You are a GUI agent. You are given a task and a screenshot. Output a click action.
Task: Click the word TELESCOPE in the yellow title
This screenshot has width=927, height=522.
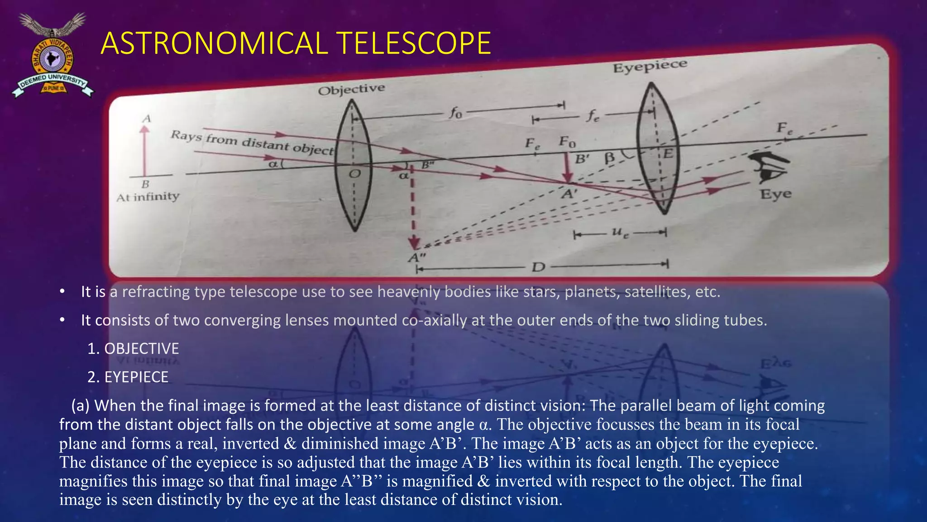pos(414,43)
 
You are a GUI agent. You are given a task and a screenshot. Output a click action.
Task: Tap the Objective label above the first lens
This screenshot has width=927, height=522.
pos(351,90)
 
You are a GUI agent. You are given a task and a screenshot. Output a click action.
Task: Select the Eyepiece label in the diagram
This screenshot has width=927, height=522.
pos(650,67)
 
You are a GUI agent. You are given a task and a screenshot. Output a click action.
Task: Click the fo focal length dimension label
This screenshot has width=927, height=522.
pos(455,112)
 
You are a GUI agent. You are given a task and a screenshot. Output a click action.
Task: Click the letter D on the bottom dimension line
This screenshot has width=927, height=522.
pos(538,267)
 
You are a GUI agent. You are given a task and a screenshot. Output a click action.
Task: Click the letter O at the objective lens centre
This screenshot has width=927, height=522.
pos(355,174)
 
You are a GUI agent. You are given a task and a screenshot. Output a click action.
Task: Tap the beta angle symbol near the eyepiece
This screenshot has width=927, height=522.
pos(610,158)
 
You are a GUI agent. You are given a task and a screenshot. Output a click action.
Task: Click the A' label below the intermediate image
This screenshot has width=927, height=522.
pos(569,194)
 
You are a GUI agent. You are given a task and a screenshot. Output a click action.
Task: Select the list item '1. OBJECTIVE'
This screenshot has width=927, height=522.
pos(133,348)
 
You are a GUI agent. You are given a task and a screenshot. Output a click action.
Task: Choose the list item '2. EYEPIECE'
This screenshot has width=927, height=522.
pos(128,377)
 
